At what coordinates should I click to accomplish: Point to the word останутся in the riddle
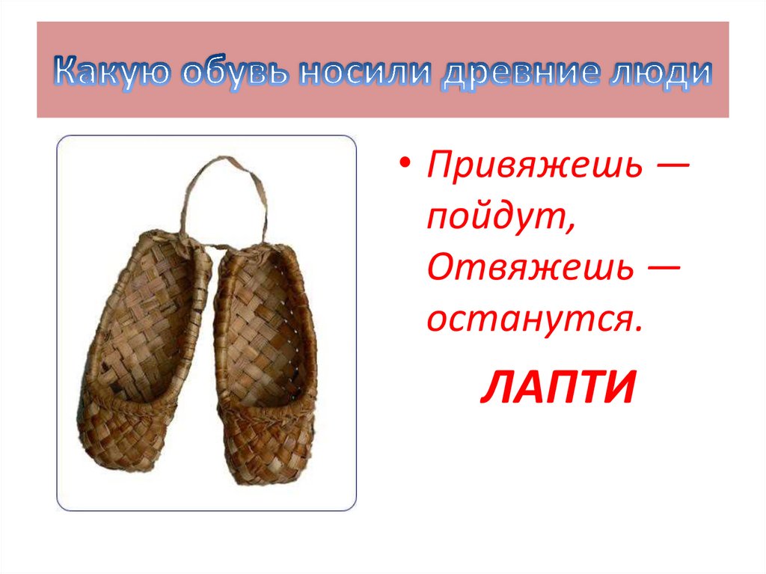534,320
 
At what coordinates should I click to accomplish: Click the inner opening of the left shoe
150,322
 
